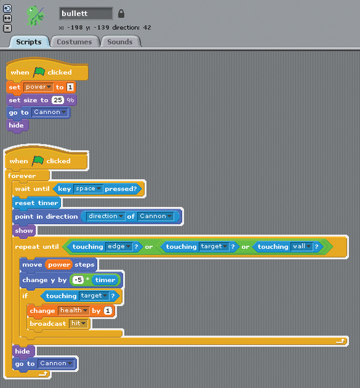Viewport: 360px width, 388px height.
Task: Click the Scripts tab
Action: coord(28,41)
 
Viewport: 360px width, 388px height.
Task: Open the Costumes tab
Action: coord(74,41)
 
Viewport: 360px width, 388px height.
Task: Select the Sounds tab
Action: coord(120,41)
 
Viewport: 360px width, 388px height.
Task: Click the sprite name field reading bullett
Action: coord(86,14)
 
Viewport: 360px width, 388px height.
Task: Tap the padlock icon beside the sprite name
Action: coord(121,14)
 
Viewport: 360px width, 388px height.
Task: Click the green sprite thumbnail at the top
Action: coord(36,16)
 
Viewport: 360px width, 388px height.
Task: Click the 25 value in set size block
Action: coord(58,100)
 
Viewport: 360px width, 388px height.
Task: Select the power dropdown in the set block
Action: coord(38,87)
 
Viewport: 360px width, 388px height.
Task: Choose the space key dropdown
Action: coord(88,189)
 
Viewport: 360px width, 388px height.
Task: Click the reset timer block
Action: coord(36,203)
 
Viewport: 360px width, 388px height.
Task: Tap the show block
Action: coord(24,231)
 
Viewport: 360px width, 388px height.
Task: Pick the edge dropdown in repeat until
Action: coord(119,246)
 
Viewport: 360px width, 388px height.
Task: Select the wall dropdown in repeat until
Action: coord(302,246)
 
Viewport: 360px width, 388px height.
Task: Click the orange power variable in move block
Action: coord(59,264)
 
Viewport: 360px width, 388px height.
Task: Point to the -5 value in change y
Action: coord(78,280)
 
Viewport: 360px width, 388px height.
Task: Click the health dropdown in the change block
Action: coord(74,310)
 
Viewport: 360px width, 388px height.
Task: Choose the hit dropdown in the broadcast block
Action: coord(78,323)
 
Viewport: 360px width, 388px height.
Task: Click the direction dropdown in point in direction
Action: coord(105,216)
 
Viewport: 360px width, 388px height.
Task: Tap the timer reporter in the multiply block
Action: coord(105,280)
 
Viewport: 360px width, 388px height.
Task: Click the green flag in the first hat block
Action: coord(39,72)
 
